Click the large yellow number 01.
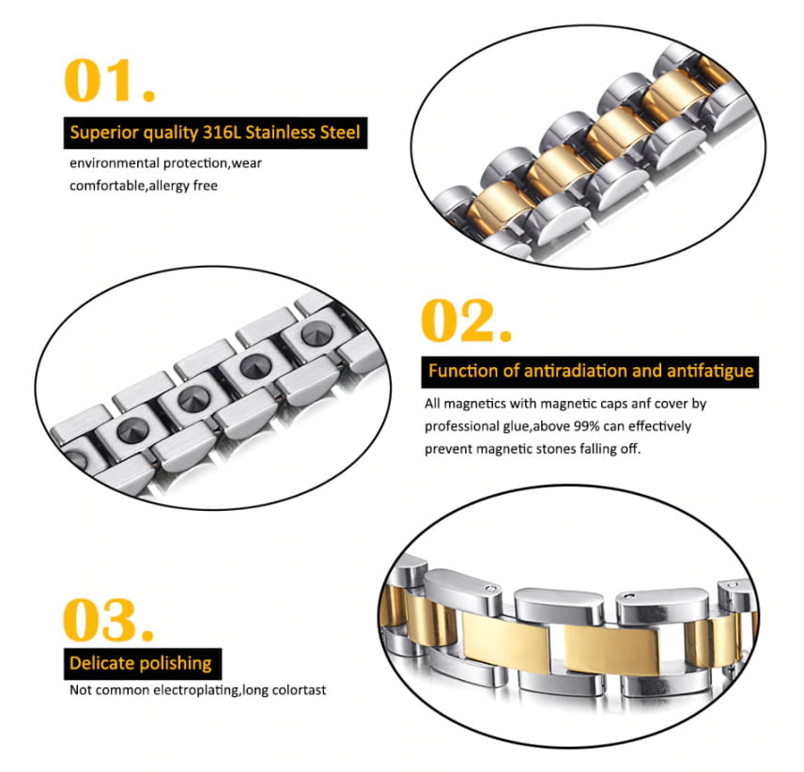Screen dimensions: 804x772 point(109,80)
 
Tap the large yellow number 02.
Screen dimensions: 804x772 point(466,320)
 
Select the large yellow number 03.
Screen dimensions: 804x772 point(108,619)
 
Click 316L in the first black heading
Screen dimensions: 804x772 point(221,132)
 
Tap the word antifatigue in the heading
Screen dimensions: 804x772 point(710,371)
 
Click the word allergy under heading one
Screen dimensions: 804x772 point(169,186)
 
